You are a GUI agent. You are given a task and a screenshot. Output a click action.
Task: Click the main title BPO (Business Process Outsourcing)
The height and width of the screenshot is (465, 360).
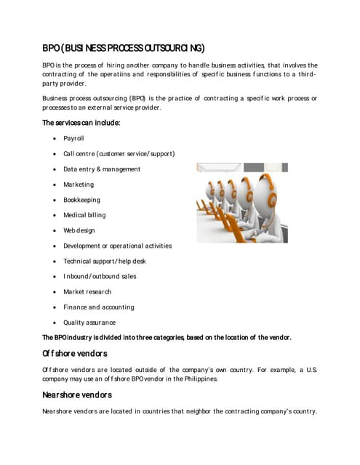(124, 48)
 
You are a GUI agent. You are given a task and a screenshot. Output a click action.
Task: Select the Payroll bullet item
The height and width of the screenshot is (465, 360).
(73, 138)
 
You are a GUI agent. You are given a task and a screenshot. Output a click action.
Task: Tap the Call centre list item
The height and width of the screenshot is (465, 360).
(119, 153)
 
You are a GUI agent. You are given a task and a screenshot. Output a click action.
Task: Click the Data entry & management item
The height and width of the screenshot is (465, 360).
(102, 169)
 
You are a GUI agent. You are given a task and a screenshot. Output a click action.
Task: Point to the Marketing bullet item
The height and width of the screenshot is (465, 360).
(79, 185)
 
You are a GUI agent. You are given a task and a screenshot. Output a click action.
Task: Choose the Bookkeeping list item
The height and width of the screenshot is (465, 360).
(81, 200)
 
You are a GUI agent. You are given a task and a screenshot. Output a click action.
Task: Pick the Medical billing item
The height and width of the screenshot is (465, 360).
(84, 215)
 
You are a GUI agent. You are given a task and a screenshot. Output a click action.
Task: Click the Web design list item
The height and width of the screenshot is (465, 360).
(79, 230)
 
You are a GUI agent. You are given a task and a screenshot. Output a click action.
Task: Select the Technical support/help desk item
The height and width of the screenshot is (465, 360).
(105, 261)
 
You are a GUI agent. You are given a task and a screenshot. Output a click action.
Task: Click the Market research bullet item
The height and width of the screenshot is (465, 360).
(87, 291)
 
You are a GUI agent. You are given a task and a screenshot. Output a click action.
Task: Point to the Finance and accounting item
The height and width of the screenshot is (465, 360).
(99, 307)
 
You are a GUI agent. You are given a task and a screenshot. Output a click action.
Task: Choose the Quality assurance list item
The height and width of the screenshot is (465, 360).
(89, 323)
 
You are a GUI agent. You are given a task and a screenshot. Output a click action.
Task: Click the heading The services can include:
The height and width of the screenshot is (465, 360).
(81, 123)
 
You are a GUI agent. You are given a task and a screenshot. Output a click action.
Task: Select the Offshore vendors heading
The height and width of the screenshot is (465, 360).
(75, 354)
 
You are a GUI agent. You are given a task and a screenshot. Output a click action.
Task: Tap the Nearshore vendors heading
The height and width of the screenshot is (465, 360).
(77, 395)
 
